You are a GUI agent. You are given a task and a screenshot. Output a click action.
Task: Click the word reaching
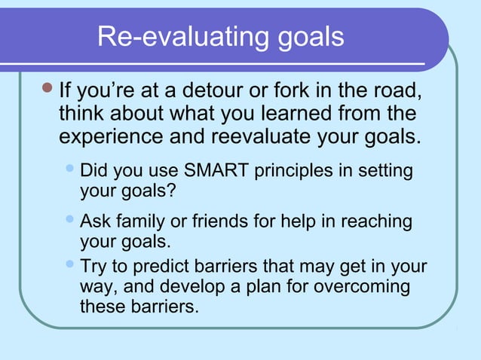tap(376, 222)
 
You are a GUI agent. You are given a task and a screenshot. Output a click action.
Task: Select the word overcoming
tap(361, 288)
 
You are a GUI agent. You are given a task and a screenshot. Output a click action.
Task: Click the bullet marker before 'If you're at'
tap(47, 91)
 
